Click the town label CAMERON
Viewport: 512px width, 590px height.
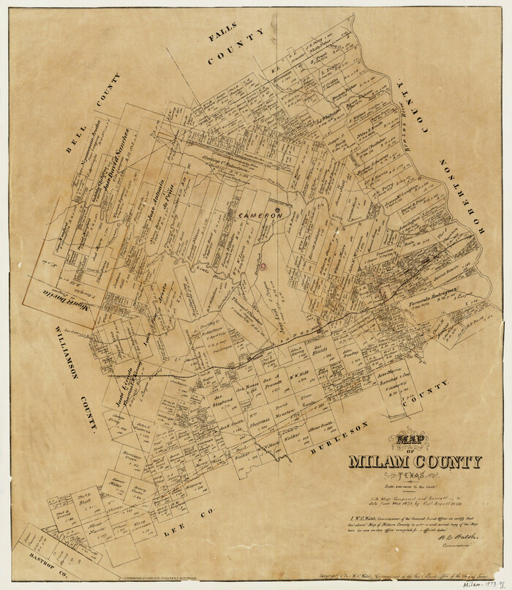coord(257,217)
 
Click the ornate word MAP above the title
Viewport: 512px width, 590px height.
coord(413,441)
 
